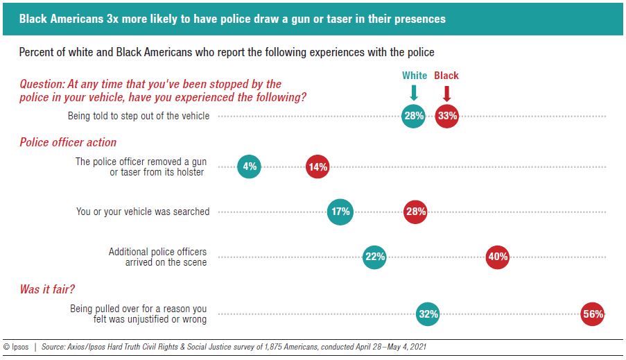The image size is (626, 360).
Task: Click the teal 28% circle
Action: [x=414, y=116]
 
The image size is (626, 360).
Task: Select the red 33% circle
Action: [x=447, y=116]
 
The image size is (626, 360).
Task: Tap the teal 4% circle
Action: [x=250, y=166]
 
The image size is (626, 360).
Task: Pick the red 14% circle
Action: [x=318, y=166]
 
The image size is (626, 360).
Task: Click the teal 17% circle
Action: [x=340, y=212]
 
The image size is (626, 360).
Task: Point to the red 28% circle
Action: [x=415, y=212]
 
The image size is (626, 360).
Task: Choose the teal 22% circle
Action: [x=374, y=257]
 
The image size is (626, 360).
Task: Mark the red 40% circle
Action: [x=498, y=257]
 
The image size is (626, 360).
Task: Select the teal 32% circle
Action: [x=428, y=314]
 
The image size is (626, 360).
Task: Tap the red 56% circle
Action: [x=593, y=314]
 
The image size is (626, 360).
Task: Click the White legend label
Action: [x=415, y=76]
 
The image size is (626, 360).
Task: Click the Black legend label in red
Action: [x=446, y=76]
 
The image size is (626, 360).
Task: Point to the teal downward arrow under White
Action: [x=414, y=93]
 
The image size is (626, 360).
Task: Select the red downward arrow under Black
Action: [x=447, y=93]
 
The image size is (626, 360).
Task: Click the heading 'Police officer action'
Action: [x=68, y=142]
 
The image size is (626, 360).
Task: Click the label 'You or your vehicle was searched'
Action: [x=143, y=212]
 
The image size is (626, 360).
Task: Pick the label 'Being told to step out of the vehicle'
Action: [x=139, y=116]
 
